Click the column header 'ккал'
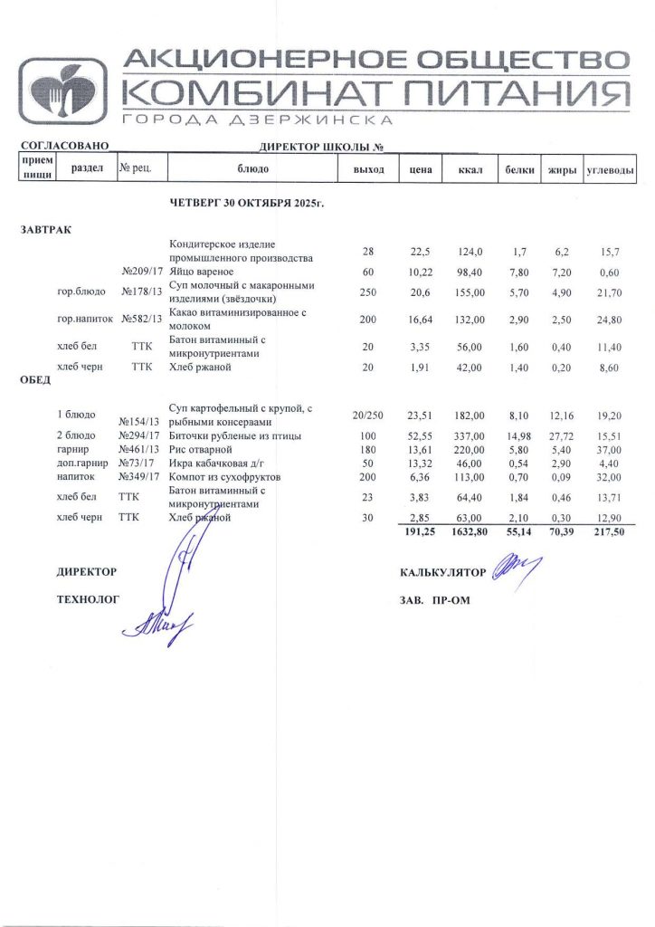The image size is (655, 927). pos(468,170)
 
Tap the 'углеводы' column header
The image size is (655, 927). pos(610,170)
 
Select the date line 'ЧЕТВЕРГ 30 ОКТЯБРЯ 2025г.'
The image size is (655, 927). pos(247,204)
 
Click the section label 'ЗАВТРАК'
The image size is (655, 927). pos(46,230)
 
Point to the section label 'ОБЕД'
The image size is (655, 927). pos(35,380)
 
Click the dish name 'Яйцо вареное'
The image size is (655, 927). pos(203,272)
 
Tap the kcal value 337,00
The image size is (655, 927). pos(470,435)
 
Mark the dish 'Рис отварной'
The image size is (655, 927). pos(202,449)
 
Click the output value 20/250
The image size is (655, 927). pos(367,415)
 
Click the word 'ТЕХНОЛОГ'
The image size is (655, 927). pos(88,598)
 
